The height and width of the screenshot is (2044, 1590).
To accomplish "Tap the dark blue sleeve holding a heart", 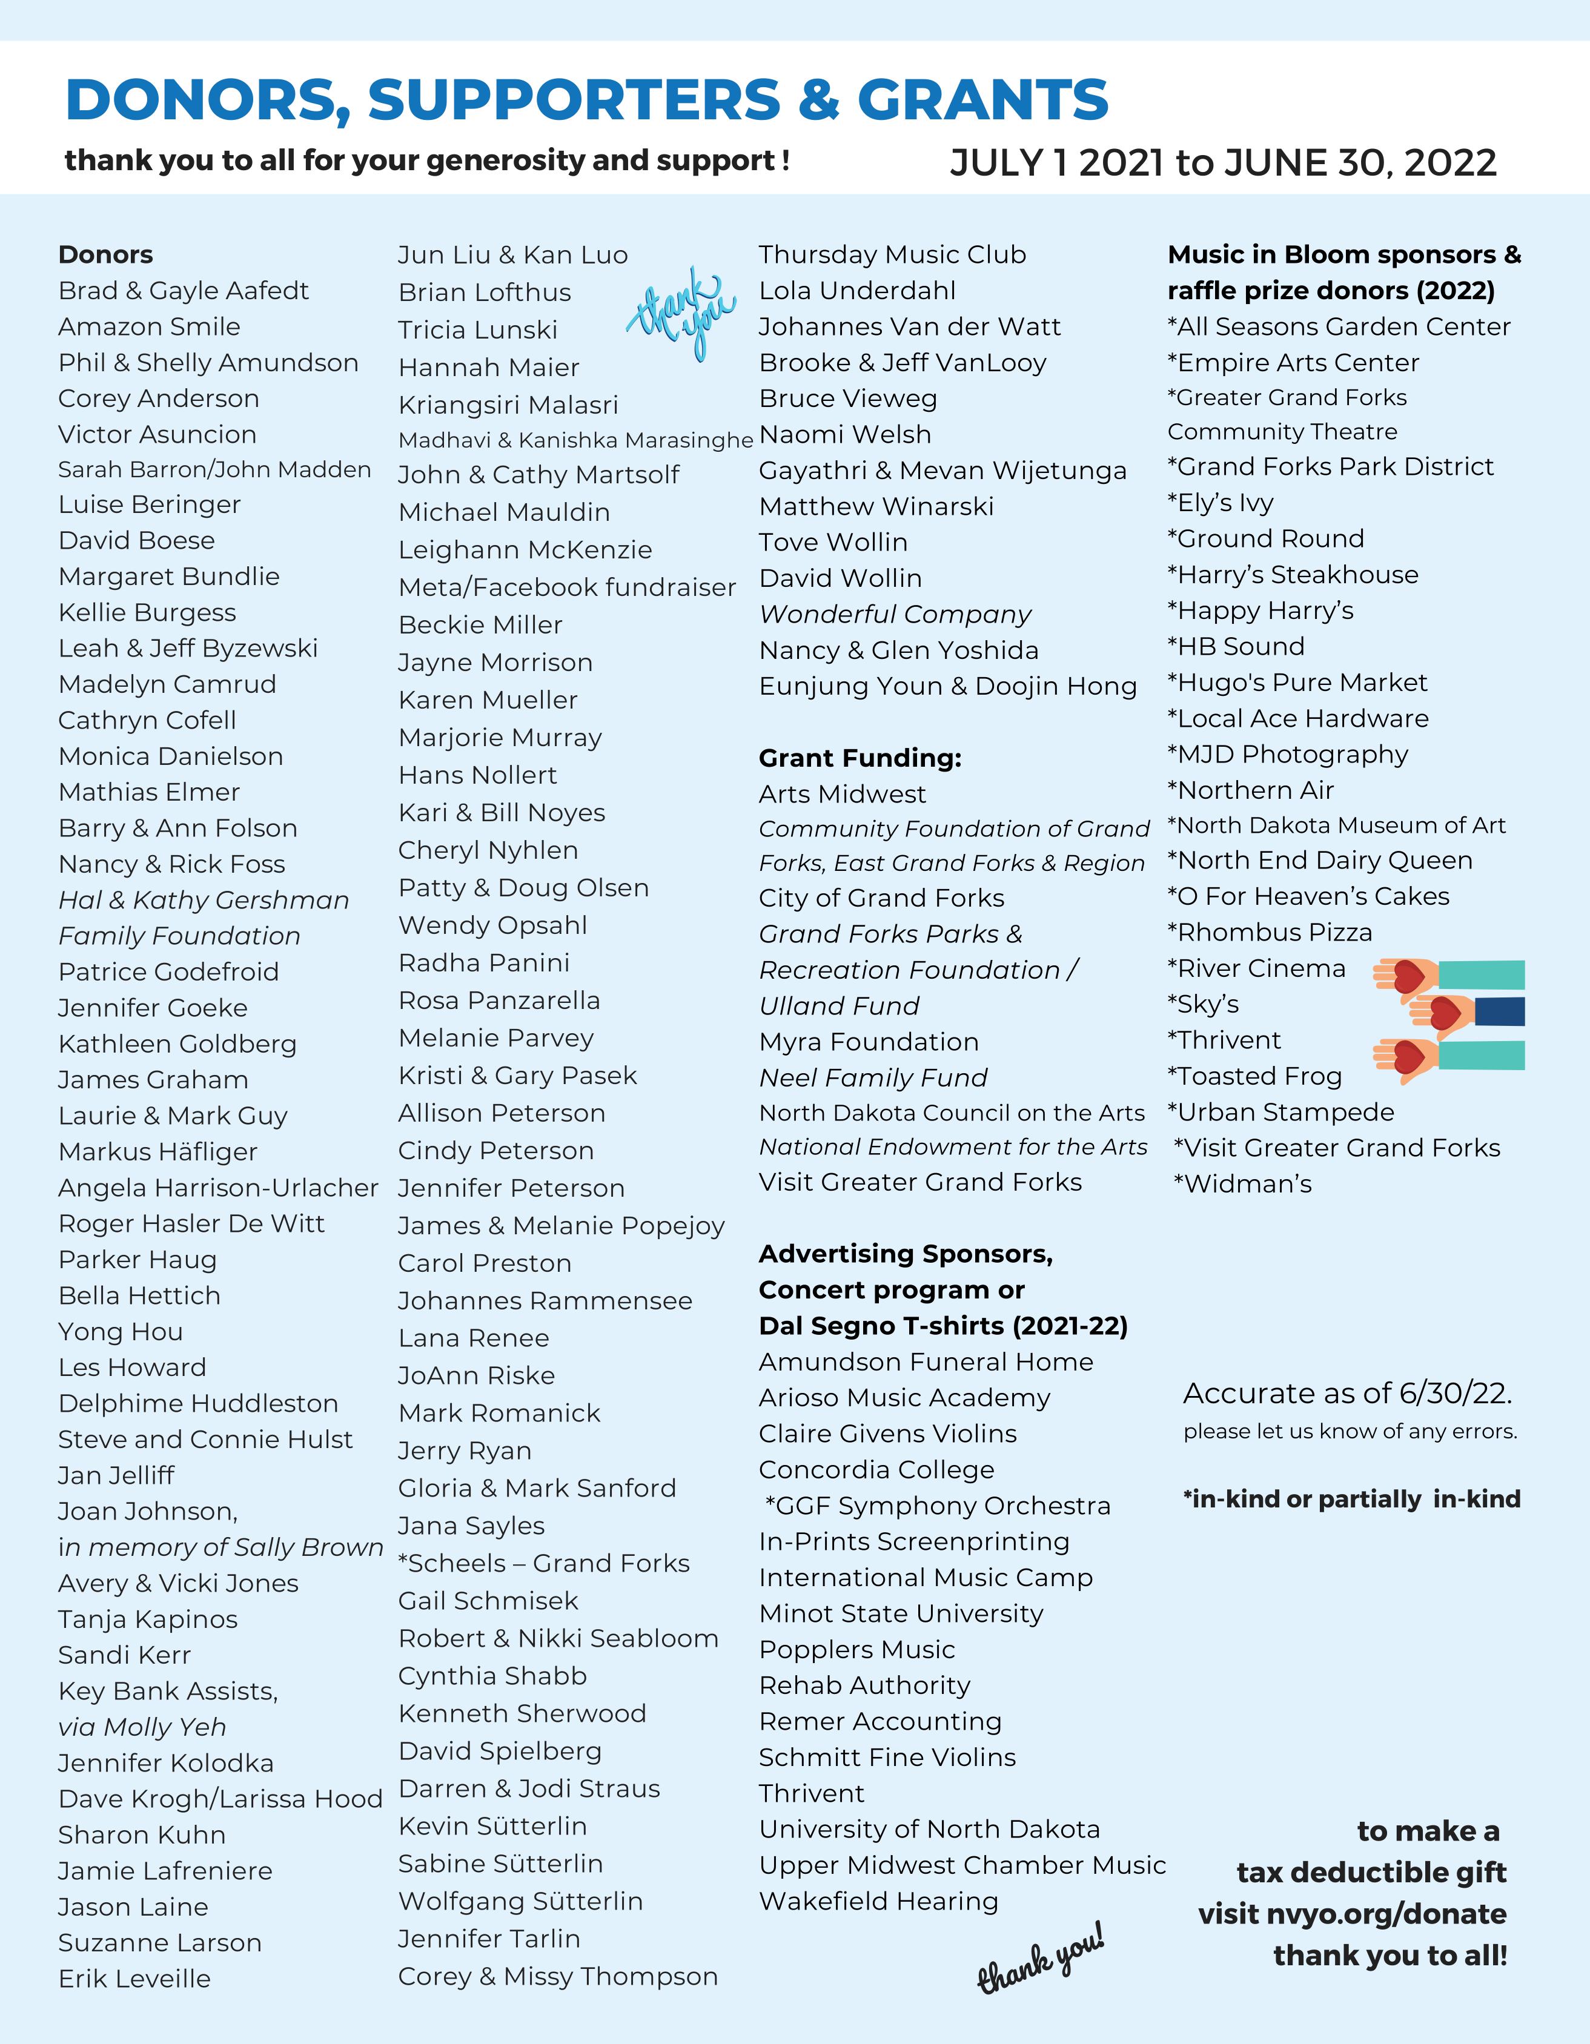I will click(x=1499, y=1012).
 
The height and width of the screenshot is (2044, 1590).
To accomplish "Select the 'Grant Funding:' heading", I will click(x=859, y=758).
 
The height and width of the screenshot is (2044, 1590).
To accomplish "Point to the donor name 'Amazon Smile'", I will click(x=149, y=326).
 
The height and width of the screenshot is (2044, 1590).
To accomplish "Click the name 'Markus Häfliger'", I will click(x=157, y=1151).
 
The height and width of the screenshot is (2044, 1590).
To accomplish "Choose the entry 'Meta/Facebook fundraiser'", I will click(x=566, y=587).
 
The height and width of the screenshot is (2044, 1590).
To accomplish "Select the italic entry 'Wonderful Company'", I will click(x=895, y=614).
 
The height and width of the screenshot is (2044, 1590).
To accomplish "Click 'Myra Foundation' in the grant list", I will click(x=869, y=1042).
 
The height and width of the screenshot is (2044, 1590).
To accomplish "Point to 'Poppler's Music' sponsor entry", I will click(x=856, y=1649).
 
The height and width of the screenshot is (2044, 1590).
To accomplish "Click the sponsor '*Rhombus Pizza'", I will click(x=1269, y=932).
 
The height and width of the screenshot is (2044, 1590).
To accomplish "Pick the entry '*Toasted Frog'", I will click(x=1254, y=1076).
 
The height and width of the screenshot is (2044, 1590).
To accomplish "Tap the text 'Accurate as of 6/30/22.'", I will click(x=1347, y=1394).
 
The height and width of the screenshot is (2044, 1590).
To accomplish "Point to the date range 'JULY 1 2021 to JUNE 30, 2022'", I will click(x=1222, y=163).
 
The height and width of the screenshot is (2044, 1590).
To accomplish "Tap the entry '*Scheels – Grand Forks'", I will click(x=544, y=1563).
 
